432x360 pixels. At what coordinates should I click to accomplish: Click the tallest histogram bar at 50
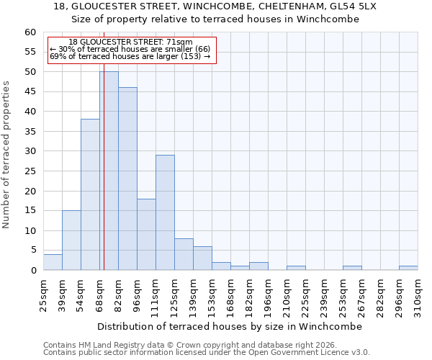(x=109, y=171)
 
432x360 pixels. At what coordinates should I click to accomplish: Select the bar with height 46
(x=127, y=179)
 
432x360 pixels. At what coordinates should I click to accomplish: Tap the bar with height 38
(x=90, y=194)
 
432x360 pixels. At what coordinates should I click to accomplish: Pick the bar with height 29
(x=165, y=212)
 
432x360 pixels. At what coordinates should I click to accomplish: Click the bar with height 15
(x=71, y=240)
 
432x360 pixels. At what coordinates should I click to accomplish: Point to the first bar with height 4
(x=53, y=262)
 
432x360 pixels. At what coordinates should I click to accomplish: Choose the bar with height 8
(x=184, y=254)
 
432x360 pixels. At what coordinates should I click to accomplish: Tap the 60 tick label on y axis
(x=30, y=32)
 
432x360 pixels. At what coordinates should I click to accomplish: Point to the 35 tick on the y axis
(x=30, y=132)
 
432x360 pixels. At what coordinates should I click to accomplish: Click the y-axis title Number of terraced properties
(x=6, y=154)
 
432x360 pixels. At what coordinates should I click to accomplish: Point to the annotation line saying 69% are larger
(x=130, y=56)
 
